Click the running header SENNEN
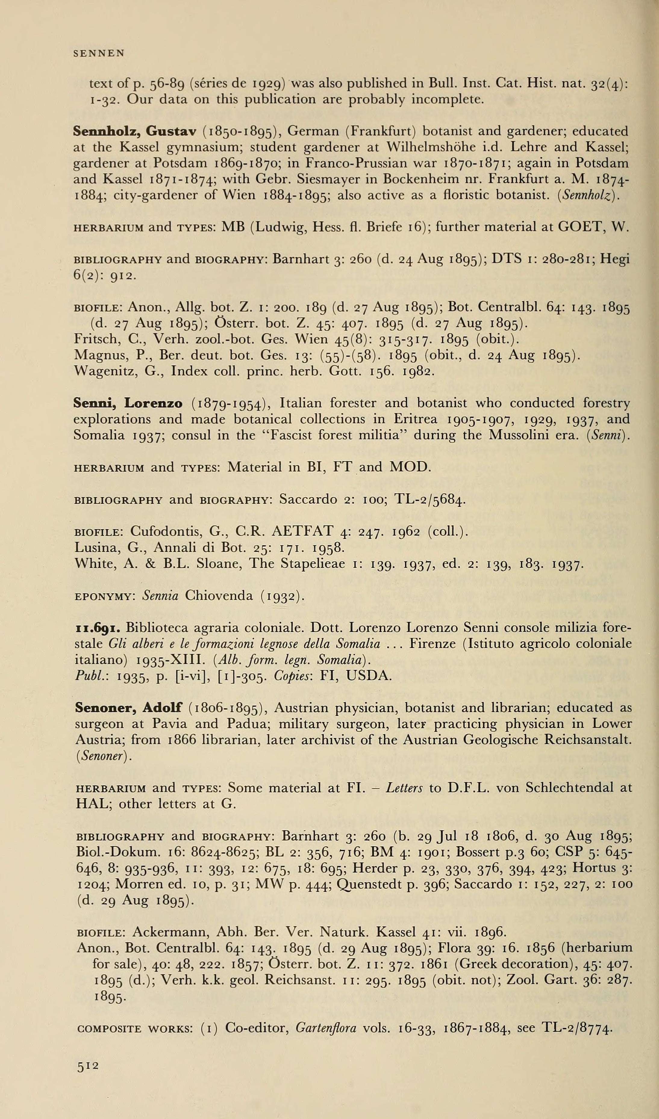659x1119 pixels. coord(99,53)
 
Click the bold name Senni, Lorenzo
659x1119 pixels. coord(128,403)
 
